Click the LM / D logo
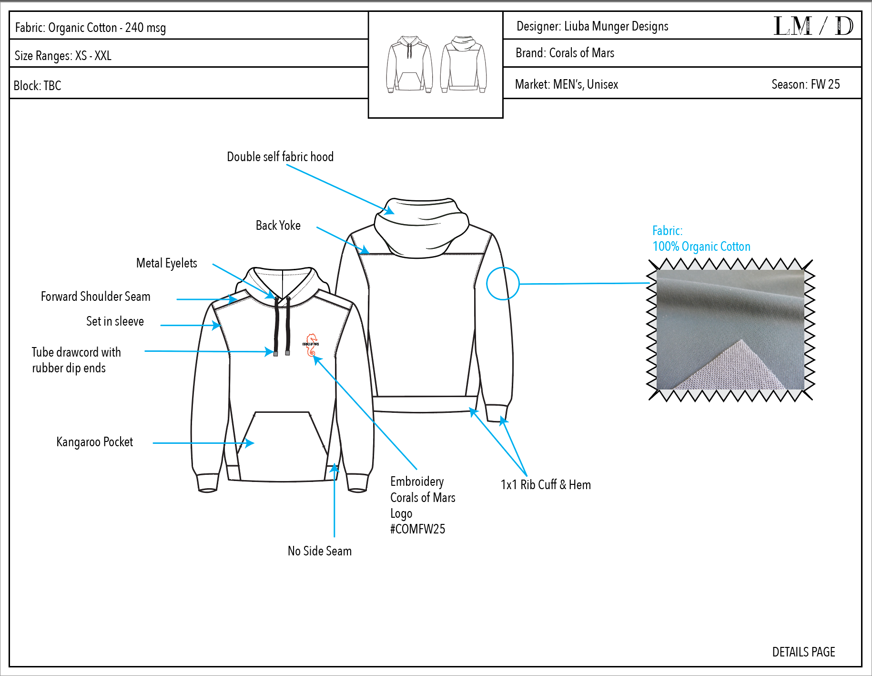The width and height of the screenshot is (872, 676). point(813,26)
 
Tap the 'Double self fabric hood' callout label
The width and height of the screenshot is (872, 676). point(280,157)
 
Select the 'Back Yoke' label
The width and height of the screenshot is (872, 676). point(278,225)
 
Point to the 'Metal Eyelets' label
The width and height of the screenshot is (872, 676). point(166,263)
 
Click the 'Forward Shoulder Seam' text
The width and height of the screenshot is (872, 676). point(95,297)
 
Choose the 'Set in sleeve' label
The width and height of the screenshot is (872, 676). point(115,321)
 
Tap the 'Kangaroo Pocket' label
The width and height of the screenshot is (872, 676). point(94,442)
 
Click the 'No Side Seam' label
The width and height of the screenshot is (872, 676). point(319,551)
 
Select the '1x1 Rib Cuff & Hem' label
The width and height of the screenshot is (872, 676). point(546,485)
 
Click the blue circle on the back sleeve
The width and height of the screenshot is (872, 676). point(502,284)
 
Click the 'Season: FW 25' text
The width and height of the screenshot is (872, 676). point(805,84)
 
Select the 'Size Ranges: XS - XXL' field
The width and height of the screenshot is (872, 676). point(63,56)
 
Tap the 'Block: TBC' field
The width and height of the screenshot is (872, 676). point(38,86)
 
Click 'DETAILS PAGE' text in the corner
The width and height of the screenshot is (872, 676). point(803,652)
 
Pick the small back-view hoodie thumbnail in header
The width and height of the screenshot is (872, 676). point(463,64)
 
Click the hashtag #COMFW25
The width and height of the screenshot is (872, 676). point(417,529)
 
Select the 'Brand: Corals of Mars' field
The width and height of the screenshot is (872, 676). point(565,53)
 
